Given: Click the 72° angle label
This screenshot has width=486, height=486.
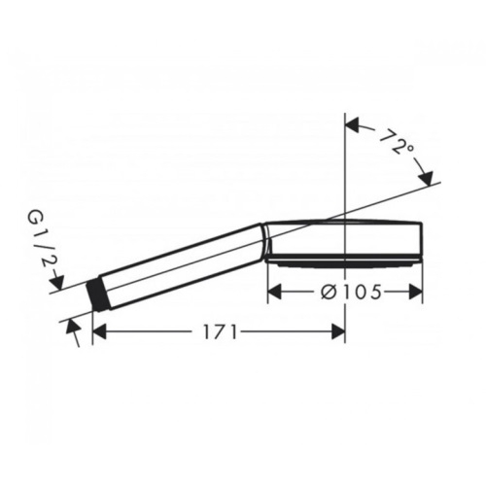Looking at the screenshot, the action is tap(397, 142).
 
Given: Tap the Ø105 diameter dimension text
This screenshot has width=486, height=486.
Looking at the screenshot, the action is tap(351, 293).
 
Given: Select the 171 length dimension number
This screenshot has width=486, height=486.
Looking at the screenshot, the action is tap(221, 332).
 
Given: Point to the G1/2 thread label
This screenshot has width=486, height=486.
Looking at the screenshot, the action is tap(40, 240).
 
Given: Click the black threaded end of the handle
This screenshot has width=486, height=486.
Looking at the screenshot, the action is tap(97, 295).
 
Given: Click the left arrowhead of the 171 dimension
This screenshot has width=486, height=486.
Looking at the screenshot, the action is tap(99, 332).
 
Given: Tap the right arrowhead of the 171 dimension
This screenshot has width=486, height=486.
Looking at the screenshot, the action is tap(338, 332).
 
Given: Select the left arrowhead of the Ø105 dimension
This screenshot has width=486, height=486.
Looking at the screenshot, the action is tap(274, 292).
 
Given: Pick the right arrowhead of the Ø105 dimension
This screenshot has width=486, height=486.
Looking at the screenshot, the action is tap(416, 292).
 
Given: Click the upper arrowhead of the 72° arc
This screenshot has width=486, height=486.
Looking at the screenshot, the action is tap(353, 125).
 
